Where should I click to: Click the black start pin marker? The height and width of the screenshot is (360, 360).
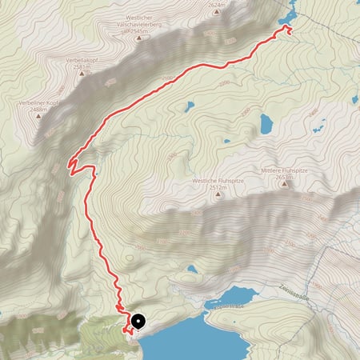137,322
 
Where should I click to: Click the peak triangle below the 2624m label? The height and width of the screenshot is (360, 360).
217,13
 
